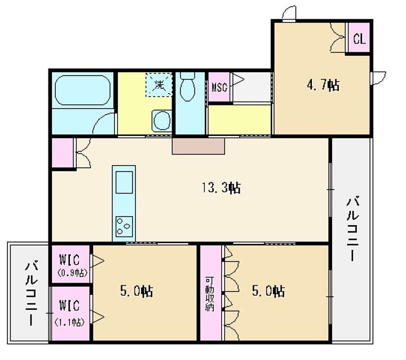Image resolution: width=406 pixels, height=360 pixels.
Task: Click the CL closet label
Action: click(359, 39)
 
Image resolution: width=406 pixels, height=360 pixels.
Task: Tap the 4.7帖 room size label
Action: click(323, 85)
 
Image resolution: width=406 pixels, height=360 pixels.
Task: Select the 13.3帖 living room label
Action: click(221, 187)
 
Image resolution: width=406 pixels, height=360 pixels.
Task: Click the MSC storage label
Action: click(219, 87)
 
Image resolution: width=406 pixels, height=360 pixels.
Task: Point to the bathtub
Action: click(82, 90)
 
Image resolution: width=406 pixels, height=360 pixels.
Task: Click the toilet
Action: click(187, 86)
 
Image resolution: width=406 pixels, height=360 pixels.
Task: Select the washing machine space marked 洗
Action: click(159, 85)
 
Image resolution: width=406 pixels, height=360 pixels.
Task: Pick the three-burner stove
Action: click(124, 226)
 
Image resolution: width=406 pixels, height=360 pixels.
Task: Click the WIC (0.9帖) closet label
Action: click(70, 265)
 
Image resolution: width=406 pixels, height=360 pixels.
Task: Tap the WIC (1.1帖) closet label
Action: click(70, 313)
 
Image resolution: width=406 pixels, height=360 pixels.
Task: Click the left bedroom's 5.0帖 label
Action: click(136, 291)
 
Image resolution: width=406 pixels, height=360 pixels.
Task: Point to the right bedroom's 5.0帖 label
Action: click(268, 291)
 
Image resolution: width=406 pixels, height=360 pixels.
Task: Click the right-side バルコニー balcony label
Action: click(352, 229)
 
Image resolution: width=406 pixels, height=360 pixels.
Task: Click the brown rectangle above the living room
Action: click(198, 146)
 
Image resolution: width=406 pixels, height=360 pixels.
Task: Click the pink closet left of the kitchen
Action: click(63, 153)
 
